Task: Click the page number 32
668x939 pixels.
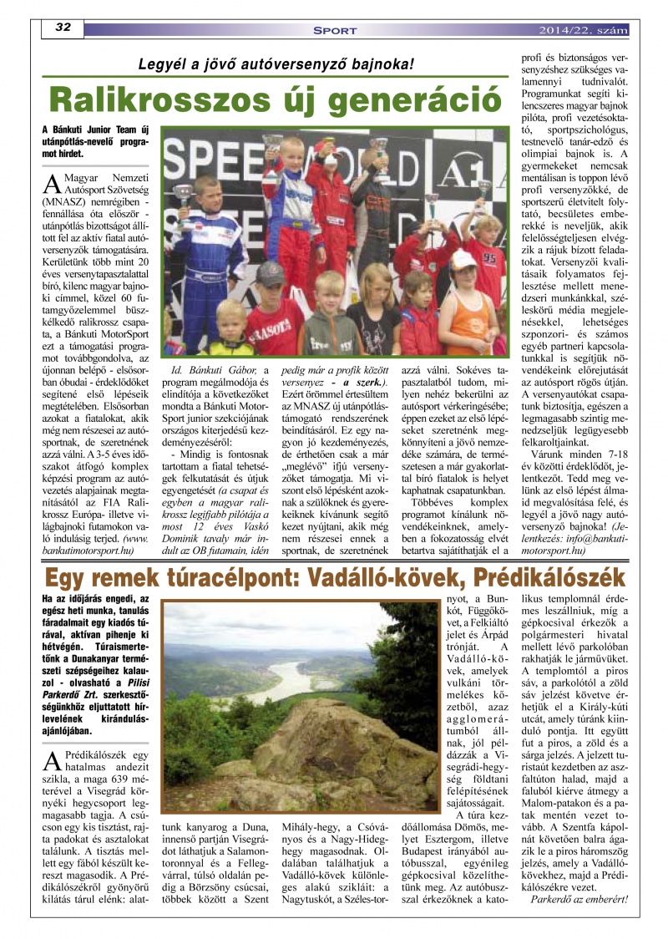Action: coord(63,28)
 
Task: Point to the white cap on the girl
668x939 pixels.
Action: coord(463,259)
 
